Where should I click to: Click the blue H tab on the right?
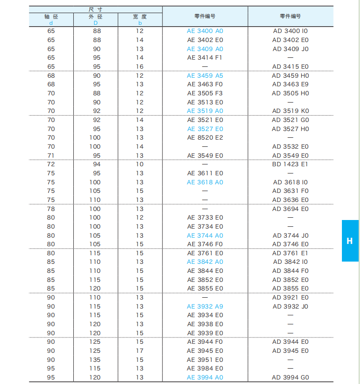[x=350, y=241]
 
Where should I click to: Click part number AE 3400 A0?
[x=205, y=31]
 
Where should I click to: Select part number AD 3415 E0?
[x=290, y=66]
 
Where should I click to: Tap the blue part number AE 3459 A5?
[x=205, y=75]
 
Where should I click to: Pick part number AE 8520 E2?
[x=205, y=137]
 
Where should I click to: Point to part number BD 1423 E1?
[x=290, y=164]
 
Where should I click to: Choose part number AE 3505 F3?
[x=205, y=93]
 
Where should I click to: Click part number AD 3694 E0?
[x=290, y=209]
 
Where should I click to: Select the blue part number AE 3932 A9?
[x=205, y=306]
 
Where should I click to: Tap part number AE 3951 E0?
[x=205, y=360]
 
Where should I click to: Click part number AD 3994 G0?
[x=290, y=377]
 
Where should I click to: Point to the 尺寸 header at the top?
[x=95, y=9]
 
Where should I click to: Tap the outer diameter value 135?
[x=95, y=360]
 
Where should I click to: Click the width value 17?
[x=140, y=351]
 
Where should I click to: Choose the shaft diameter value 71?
[x=51, y=155]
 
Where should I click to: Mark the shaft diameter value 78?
[x=51, y=209]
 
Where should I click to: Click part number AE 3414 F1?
[x=205, y=57]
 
